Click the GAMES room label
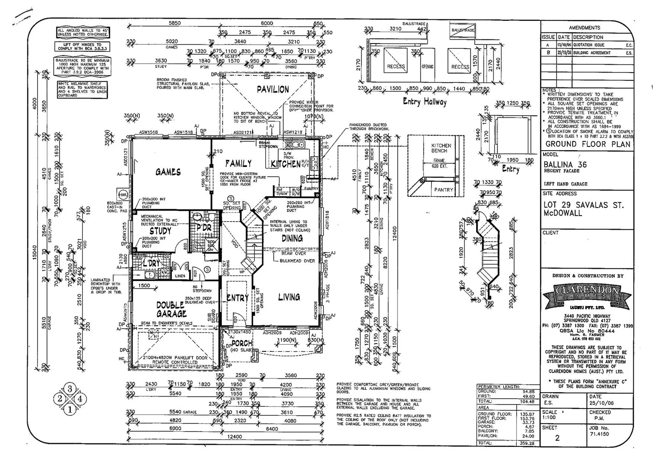pyautogui.click(x=168, y=172)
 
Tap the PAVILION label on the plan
pyautogui.click(x=273, y=90)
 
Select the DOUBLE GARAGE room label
pyautogui.click(x=171, y=309)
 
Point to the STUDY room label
pyautogui.click(x=160, y=231)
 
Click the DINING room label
pyautogui.click(x=292, y=239)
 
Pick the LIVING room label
pyautogui.click(x=289, y=297)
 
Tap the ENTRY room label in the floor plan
pyautogui.click(x=237, y=298)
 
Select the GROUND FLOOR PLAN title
pyautogui.click(x=588, y=144)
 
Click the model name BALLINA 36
pyautogui.click(x=565, y=164)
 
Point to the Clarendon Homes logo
pyautogui.click(x=587, y=295)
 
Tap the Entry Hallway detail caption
pyautogui.click(x=424, y=102)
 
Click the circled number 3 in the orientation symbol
pyautogui.click(x=70, y=388)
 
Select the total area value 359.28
pyautogui.click(x=526, y=443)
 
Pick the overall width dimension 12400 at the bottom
pyautogui.click(x=235, y=437)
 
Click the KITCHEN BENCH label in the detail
pyautogui.click(x=441, y=148)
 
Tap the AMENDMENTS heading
pyautogui.click(x=584, y=28)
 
